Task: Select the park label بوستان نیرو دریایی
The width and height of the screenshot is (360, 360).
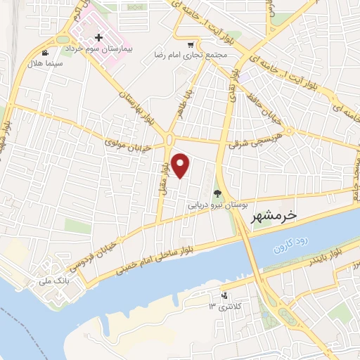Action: (x=217, y=207)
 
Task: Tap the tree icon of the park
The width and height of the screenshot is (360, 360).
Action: (x=217, y=195)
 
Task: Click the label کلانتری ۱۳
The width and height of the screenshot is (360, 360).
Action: (x=224, y=307)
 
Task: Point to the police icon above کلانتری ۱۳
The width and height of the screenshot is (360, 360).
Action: (x=224, y=296)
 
